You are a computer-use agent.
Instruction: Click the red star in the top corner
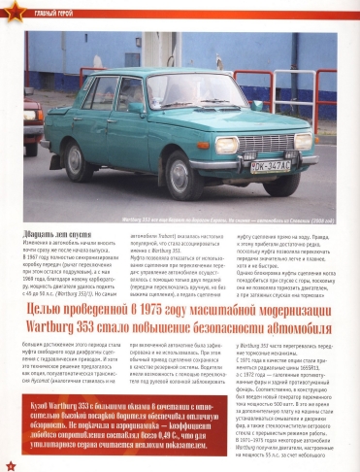[x=9, y=9]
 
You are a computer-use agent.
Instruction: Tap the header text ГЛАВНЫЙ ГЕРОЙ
[x=42, y=10]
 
